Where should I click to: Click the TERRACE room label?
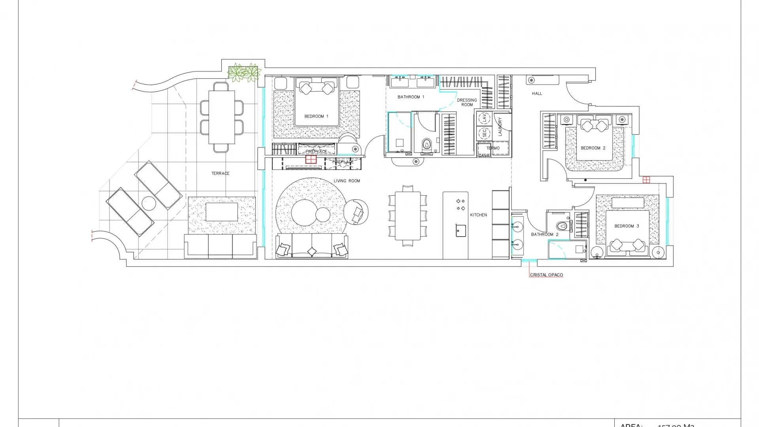pyautogui.click(x=220, y=173)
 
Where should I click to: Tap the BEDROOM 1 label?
pyautogui.click(x=316, y=116)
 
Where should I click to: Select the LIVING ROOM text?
pyautogui.click(x=347, y=181)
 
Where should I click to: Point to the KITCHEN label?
pyautogui.click(x=478, y=215)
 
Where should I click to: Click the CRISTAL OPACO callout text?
pyautogui.click(x=546, y=275)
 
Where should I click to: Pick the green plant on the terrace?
pyautogui.click(x=244, y=72)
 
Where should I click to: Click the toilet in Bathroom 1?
pyautogui.click(x=427, y=144)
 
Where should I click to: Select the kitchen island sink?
pyautogui.click(x=461, y=231)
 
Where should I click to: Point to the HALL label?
pyautogui.click(x=537, y=93)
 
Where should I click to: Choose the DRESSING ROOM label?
pyautogui.click(x=467, y=102)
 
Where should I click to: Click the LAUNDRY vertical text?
pyautogui.click(x=500, y=127)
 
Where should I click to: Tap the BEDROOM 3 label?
pyautogui.click(x=627, y=226)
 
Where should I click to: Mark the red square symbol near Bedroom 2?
pyautogui.click(x=646, y=180)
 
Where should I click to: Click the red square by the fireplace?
pyautogui.click(x=311, y=159)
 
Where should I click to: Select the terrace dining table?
pyautogui.click(x=222, y=117)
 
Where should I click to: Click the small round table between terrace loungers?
pyautogui.click(x=149, y=203)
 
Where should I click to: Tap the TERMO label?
pyautogui.click(x=493, y=148)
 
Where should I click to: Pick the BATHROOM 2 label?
pyautogui.click(x=544, y=234)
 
